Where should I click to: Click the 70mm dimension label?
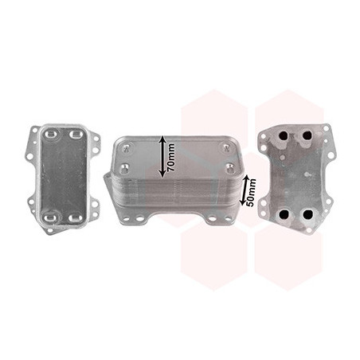click(x=171, y=157)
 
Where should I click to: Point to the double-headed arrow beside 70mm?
click(x=163, y=157)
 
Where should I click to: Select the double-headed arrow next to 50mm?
click(x=244, y=190)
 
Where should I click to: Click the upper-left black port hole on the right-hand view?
click(x=284, y=136)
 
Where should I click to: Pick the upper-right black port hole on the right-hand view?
click(x=307, y=135)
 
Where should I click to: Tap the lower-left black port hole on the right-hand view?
click(x=284, y=214)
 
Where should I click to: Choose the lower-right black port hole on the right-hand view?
click(x=307, y=214)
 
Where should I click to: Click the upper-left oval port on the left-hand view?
click(x=50, y=134)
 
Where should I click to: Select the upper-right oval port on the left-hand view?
click(x=75, y=134)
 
